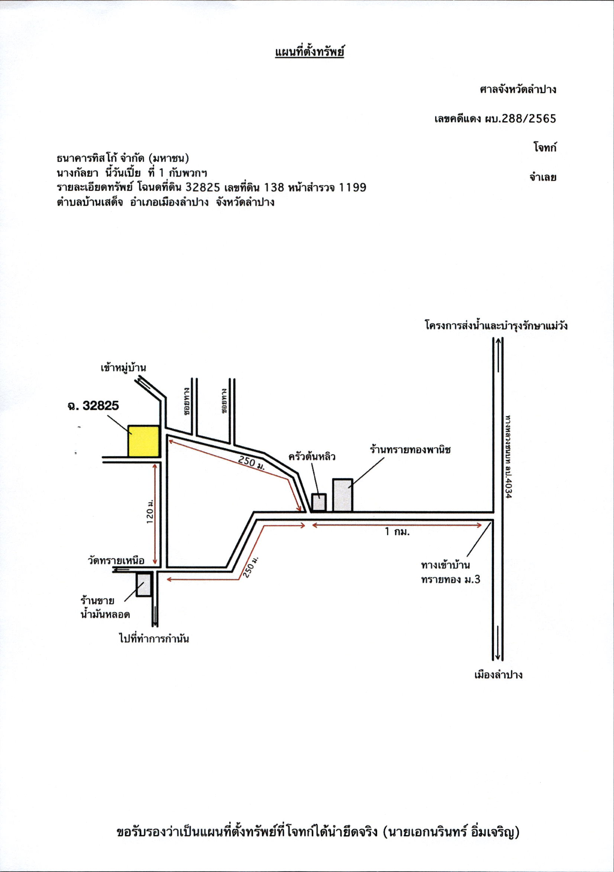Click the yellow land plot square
pos(143,441)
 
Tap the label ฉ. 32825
pos(93,406)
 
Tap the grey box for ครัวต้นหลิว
pos(319,502)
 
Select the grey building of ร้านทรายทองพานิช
pos(343,495)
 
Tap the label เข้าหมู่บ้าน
pos(123,368)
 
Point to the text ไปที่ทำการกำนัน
pos(154,639)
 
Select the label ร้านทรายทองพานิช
pos(410,450)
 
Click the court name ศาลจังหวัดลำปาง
pos(518,90)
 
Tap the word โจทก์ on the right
pos(544,147)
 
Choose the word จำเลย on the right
pos(543,177)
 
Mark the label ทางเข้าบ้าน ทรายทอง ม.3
pos(451,572)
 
